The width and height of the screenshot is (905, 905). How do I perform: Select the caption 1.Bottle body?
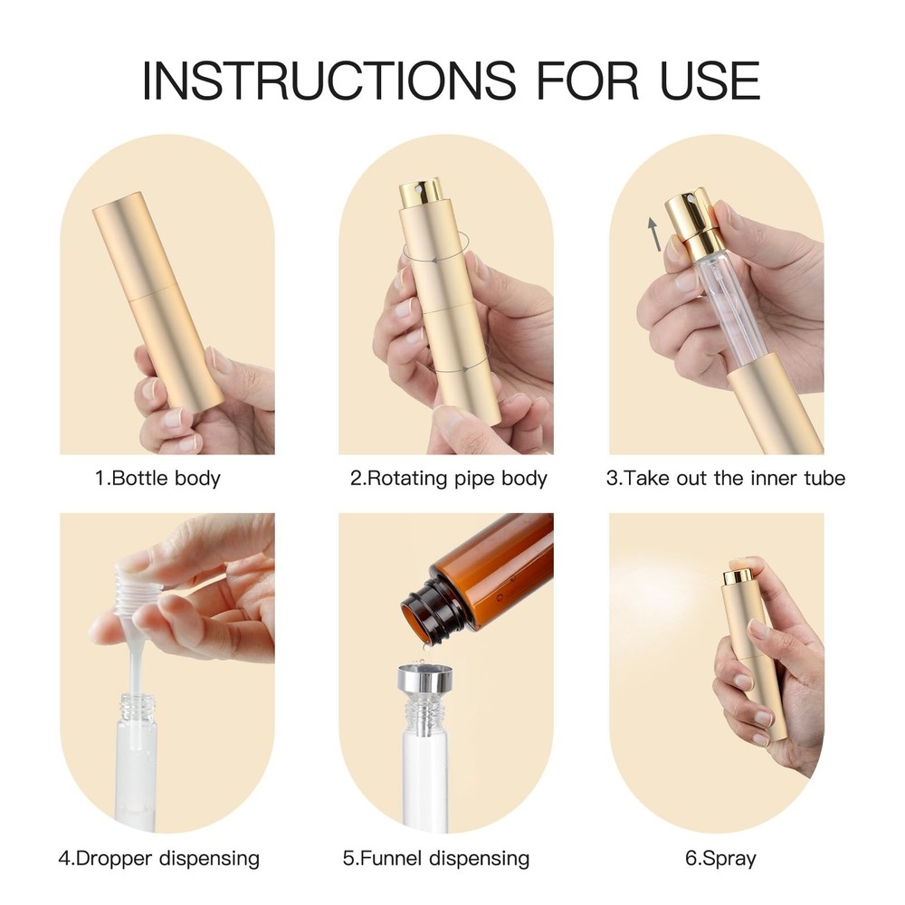[x=158, y=478]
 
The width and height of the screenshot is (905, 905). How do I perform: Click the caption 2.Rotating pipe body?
[x=449, y=478]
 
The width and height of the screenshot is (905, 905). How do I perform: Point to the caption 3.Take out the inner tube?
[x=726, y=478]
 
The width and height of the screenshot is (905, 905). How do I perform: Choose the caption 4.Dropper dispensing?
[x=158, y=858]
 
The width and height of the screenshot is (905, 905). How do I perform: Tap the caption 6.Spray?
[x=720, y=858]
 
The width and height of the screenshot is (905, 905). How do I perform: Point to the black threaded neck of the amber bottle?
[x=429, y=610]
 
